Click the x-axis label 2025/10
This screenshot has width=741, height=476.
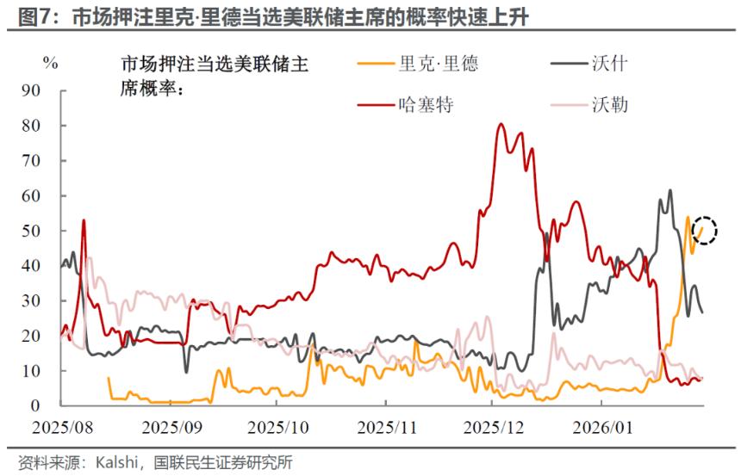(x=281, y=426)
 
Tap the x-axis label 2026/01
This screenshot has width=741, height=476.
(x=608, y=426)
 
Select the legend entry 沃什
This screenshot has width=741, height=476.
(x=609, y=64)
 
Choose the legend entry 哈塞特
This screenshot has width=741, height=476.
(x=426, y=105)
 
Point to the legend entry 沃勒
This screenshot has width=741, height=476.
(x=609, y=105)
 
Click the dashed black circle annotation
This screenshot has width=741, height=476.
(x=706, y=230)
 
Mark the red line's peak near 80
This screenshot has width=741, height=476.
(x=501, y=124)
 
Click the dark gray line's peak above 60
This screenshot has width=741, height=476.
(x=669, y=190)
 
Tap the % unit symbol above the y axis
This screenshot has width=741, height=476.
(x=51, y=62)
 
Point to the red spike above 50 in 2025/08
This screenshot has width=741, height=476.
(x=84, y=220)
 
